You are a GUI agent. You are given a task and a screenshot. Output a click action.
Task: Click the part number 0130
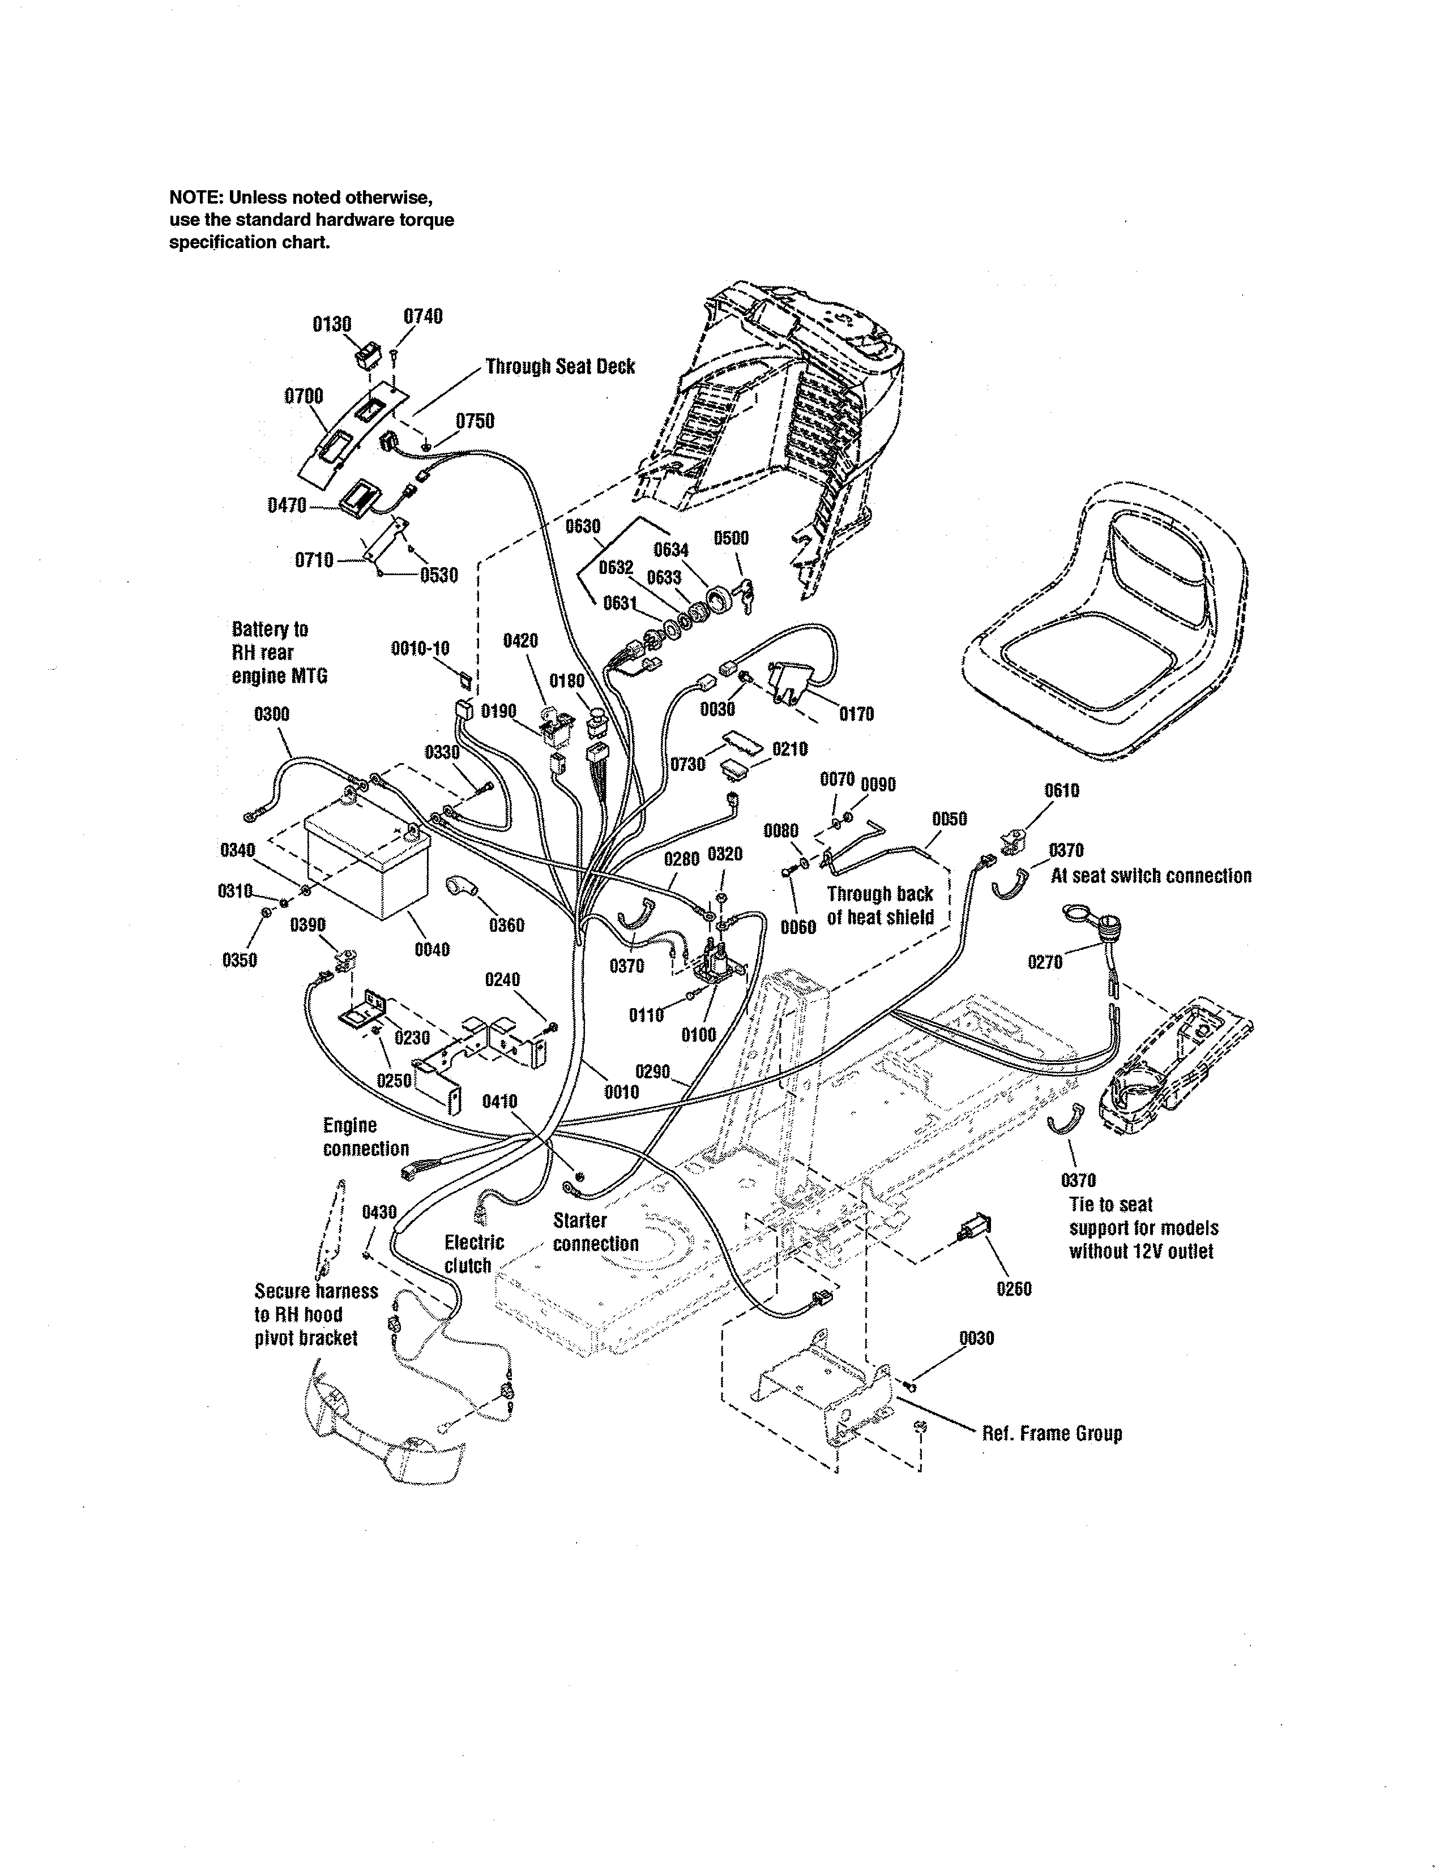332,324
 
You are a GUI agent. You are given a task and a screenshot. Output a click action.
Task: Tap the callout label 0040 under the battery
432,949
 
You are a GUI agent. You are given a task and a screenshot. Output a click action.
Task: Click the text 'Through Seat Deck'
560,366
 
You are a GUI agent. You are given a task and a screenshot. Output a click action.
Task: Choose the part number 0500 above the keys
732,538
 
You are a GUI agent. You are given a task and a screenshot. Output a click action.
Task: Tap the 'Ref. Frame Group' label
1052,1433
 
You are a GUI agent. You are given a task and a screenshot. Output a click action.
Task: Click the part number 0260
1015,1288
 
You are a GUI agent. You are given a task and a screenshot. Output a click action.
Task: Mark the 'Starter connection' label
595,1232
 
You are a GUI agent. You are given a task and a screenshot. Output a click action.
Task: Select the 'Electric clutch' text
474,1254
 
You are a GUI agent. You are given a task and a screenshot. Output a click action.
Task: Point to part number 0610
1062,790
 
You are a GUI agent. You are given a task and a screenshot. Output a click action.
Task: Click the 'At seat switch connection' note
1151,876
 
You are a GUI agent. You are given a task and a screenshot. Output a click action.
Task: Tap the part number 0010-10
420,648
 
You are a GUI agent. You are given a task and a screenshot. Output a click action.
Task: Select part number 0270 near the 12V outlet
1045,962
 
